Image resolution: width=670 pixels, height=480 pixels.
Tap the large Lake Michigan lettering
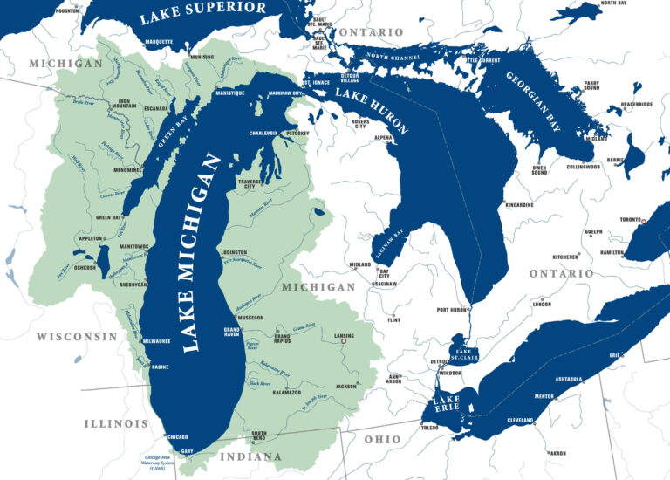click(199, 252)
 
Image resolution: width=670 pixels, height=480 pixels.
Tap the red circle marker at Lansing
click(344, 341)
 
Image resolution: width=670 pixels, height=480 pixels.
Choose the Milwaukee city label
click(155, 341)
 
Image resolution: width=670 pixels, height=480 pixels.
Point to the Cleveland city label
click(521, 420)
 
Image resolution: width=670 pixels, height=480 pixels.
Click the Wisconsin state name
click(77, 336)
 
